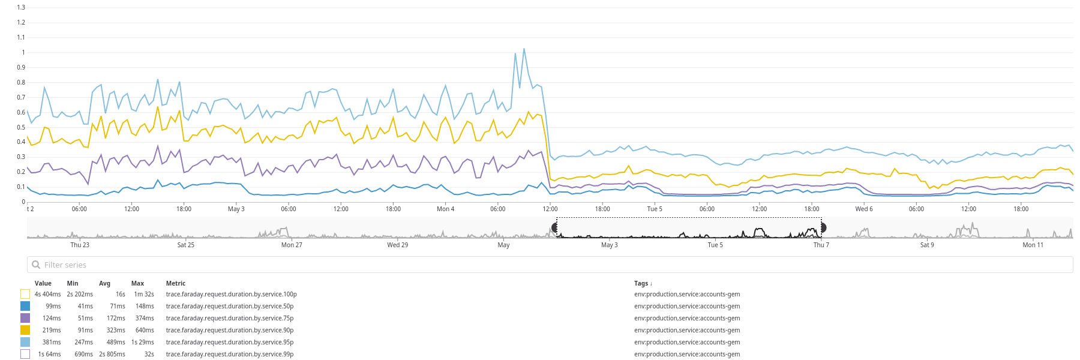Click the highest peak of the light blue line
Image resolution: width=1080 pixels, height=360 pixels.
pos(524,49)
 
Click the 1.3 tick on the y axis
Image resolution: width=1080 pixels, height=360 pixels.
pos(21,7)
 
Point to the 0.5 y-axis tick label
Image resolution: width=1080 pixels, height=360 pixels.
pos(21,127)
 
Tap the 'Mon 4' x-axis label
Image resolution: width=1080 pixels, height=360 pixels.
pos(445,209)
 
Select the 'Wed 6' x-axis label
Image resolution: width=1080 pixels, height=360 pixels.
pos(863,209)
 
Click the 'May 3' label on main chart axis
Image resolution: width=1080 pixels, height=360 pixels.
pos(236,209)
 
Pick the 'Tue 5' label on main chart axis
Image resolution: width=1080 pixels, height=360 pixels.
pos(655,209)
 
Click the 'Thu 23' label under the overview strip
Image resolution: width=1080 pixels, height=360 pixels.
pos(80,245)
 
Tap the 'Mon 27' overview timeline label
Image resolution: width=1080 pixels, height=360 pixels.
pos(292,245)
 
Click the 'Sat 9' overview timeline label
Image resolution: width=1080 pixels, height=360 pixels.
pos(927,245)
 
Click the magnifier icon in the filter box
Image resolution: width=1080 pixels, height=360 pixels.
pos(36,265)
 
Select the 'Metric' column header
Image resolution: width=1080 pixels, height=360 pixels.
pos(176,283)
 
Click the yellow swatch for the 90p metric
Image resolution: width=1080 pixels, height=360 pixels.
pos(25,330)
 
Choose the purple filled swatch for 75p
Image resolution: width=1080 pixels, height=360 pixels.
pos(25,318)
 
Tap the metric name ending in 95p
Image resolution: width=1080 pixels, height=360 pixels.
pos(230,342)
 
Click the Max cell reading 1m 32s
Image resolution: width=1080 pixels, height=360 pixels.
pos(144,294)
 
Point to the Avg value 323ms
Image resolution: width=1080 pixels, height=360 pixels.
pos(116,330)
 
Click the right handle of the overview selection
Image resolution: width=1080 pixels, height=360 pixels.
pos(823,227)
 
